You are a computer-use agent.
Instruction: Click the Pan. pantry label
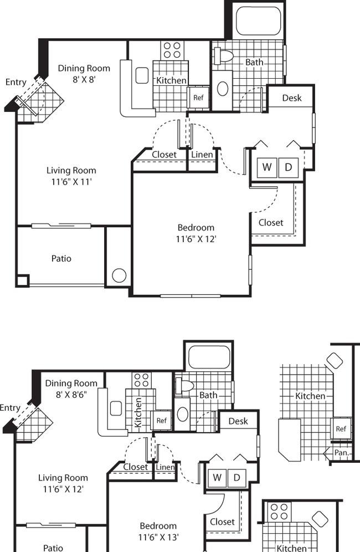tap(341, 452)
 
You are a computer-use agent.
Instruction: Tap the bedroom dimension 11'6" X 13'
tap(158, 537)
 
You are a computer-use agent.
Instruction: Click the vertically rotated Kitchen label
tap(138, 412)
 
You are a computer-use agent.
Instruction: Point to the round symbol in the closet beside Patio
tap(119, 275)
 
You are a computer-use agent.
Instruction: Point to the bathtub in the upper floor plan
tap(258, 20)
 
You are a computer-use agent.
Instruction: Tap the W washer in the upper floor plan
tap(267, 167)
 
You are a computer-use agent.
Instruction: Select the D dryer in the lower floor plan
tap(237, 478)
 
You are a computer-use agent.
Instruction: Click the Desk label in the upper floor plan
tap(292, 98)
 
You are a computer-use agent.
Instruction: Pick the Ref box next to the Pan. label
tap(341, 428)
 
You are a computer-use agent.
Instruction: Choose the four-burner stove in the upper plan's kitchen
tap(172, 50)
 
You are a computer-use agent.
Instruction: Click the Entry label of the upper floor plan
tap(16, 82)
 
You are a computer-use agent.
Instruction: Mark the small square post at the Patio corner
tap(22, 280)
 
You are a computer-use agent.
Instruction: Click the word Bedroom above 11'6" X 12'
tap(196, 227)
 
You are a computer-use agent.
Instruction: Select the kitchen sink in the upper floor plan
tap(142, 75)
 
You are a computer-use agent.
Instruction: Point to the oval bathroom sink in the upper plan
tap(223, 89)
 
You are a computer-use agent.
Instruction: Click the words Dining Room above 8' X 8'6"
tap(71, 383)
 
